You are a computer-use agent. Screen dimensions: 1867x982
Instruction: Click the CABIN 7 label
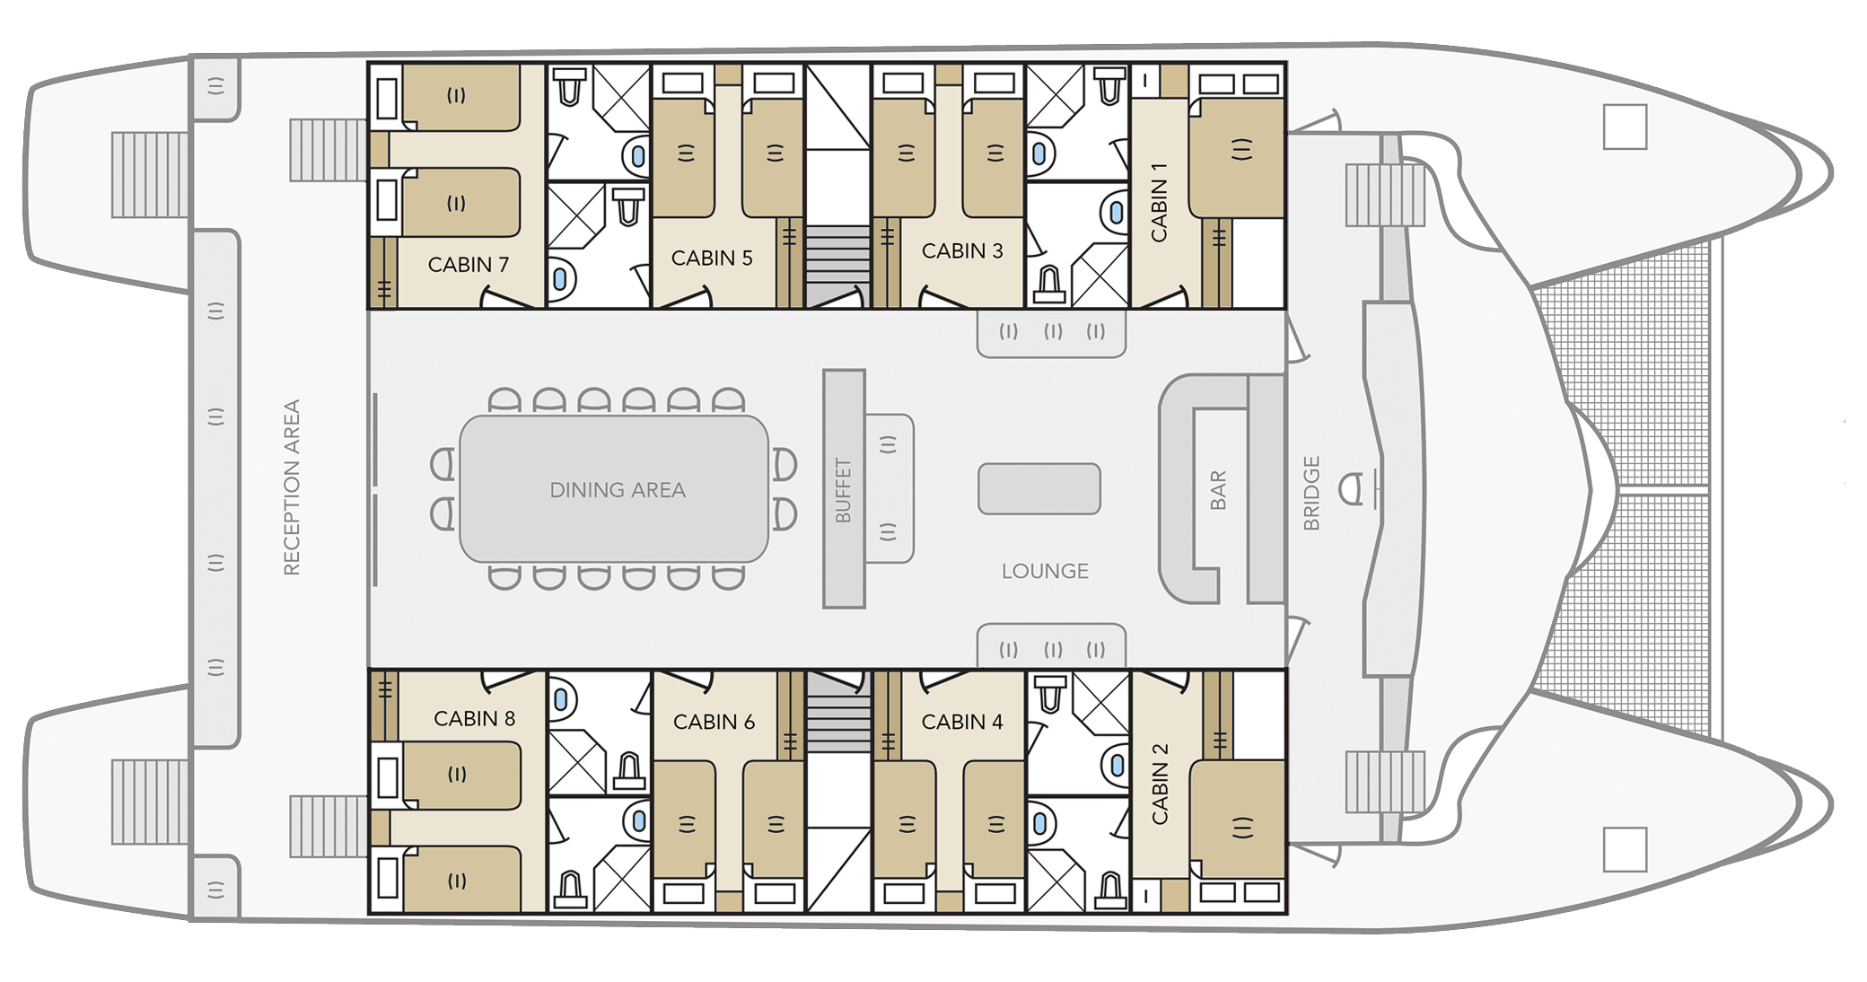tap(468, 265)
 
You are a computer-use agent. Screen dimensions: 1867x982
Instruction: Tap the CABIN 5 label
tap(712, 259)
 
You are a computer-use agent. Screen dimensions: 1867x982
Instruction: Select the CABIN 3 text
tap(962, 251)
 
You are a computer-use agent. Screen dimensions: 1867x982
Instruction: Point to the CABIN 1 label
tap(1159, 203)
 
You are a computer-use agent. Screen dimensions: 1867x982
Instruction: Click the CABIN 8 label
tap(474, 719)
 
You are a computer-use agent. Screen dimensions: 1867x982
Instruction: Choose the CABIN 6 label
tap(714, 722)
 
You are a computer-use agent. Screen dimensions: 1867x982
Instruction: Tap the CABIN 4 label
tap(962, 722)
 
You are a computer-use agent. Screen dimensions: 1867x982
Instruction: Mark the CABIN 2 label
tap(1160, 784)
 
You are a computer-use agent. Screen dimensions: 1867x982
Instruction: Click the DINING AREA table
tap(614, 488)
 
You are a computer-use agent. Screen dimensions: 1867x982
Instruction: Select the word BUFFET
tap(843, 490)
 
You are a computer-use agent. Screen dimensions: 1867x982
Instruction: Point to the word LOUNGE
tap(1045, 571)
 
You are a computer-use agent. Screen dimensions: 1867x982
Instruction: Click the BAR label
tap(1218, 490)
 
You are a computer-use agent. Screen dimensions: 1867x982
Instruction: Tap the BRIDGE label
tap(1311, 493)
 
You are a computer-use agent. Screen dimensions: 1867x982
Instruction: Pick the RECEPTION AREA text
tap(291, 487)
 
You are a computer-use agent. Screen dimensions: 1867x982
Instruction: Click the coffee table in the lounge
tap(1039, 489)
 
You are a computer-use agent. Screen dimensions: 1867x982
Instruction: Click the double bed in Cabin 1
tap(1237, 158)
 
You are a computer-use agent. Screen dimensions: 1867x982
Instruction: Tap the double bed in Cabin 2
tap(1237, 819)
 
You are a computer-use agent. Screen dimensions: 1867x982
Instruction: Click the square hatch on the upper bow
tap(1625, 127)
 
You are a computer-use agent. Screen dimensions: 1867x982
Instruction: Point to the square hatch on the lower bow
tap(1625, 849)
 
